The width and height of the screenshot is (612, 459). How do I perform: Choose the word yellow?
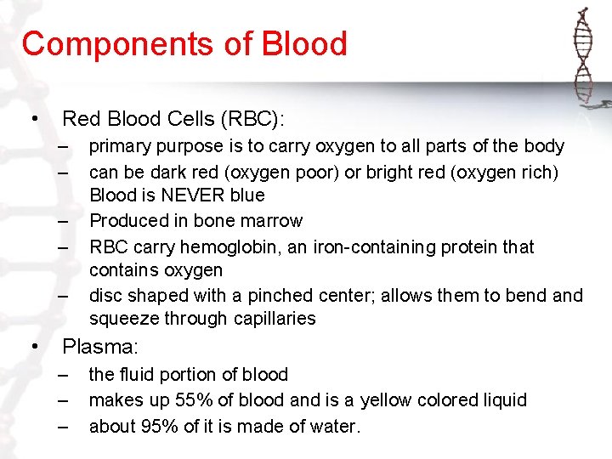coord(391,400)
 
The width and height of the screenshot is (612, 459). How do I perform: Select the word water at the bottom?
coord(332,426)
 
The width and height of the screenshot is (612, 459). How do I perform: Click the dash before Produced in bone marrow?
coord(63,221)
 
